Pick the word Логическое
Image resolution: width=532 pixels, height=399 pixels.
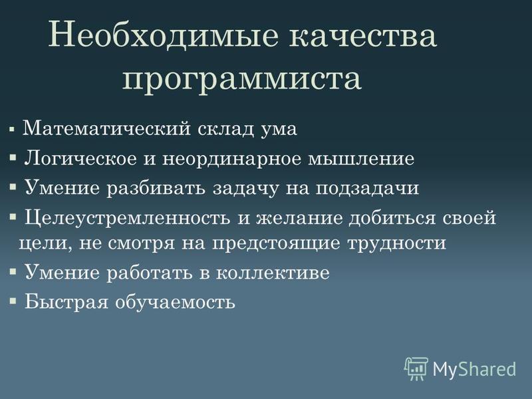pyautogui.click(x=80, y=159)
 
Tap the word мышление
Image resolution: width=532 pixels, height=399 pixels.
pyautogui.click(x=361, y=159)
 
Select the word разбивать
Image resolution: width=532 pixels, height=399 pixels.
pyautogui.click(x=156, y=188)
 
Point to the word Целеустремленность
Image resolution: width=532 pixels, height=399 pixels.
pyautogui.click(x=128, y=219)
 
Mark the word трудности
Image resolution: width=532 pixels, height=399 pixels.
pyautogui.click(x=397, y=243)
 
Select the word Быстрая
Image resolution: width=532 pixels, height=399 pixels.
pyautogui.click(x=66, y=302)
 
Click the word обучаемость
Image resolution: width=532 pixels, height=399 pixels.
pyautogui.click(x=176, y=302)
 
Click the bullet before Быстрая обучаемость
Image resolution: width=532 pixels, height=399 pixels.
pyautogui.click(x=13, y=301)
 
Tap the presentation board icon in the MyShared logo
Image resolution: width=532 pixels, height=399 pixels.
pyautogui.click(x=416, y=368)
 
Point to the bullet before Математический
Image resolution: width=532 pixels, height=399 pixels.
pyautogui.click(x=12, y=129)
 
